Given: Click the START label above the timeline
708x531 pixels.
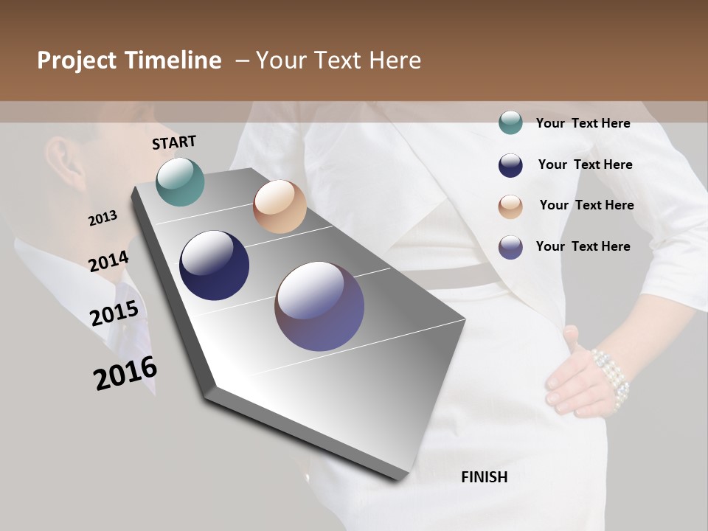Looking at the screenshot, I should pyautogui.click(x=174, y=142).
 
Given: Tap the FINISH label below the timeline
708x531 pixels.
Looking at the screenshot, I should pyautogui.click(x=485, y=477).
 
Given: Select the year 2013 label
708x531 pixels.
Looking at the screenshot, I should pyautogui.click(x=103, y=218).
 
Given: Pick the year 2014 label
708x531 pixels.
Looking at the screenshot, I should pyautogui.click(x=108, y=262).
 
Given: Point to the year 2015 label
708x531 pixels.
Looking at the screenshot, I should pyautogui.click(x=114, y=313).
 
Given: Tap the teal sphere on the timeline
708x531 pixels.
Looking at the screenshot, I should pyautogui.click(x=180, y=181).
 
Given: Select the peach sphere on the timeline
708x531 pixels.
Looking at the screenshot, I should pyautogui.click(x=280, y=206).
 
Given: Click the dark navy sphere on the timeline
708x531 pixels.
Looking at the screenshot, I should pyautogui.click(x=214, y=265).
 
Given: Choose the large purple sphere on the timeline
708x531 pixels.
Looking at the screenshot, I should pyautogui.click(x=319, y=306).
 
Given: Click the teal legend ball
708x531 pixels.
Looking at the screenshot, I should pyautogui.click(x=510, y=123).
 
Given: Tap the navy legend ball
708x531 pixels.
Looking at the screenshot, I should pyautogui.click(x=510, y=165).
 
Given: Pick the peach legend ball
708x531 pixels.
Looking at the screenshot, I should pyautogui.click(x=510, y=206).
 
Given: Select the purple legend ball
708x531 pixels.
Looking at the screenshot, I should pyautogui.click(x=510, y=247).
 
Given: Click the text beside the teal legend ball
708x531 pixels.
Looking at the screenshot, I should pyautogui.click(x=583, y=123).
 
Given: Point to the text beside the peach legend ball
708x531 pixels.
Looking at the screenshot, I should pyautogui.click(x=586, y=205).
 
